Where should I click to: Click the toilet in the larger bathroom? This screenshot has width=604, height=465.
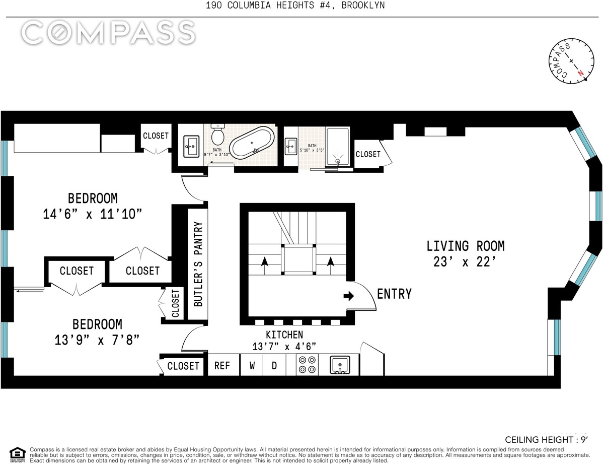coord(217,133)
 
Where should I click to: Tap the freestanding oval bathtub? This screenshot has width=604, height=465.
coord(253,143)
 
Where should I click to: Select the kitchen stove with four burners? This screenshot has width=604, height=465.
coord(307,364)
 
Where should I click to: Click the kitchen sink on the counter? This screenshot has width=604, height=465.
coord(340,365)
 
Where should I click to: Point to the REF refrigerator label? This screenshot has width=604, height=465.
coord(222,365)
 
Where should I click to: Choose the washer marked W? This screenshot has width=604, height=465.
coord(252,365)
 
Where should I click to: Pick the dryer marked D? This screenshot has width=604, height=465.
coord(274,365)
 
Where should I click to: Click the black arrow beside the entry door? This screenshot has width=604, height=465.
coord(348,296)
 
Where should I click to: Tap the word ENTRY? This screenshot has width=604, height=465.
coord(394,294)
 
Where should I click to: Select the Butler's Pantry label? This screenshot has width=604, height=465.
coord(198,264)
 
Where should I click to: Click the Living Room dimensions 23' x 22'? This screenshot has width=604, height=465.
coord(465,261)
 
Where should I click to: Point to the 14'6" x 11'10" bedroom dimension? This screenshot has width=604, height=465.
coord(92,214)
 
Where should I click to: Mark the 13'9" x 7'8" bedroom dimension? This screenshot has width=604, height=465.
coord(97,340)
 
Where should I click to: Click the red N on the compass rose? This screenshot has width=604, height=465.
coord(580,73)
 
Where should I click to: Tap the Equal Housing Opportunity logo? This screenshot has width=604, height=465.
coord(17,454)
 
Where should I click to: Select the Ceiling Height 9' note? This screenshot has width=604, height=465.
coord(547,440)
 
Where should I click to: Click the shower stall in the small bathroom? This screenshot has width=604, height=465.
coord(337,147)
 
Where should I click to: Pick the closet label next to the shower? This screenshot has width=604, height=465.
coord(368,154)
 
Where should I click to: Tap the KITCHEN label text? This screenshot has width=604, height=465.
coord(284,335)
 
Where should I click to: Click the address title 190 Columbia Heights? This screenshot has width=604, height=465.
coord(295,5)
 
